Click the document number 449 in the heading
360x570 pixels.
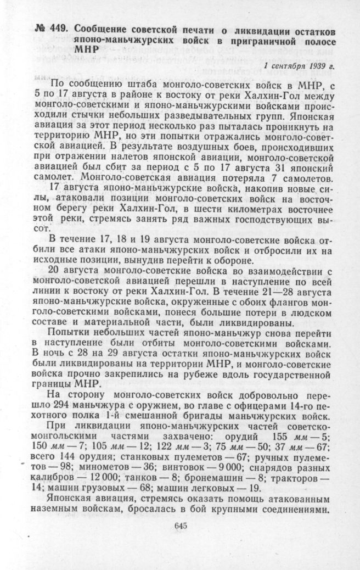coord(59,29)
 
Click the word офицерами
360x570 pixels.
coord(251,406)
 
